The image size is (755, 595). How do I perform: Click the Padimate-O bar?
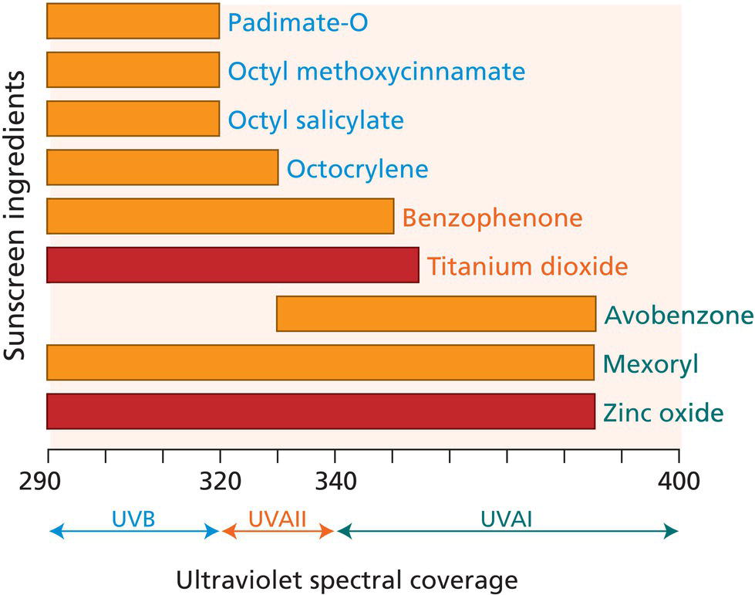[133, 22]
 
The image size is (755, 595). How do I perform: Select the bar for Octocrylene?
[162, 167]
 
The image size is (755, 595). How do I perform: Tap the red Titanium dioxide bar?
[232, 265]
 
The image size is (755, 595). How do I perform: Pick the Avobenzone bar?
[436, 313]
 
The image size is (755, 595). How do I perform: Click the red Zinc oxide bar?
[320, 411]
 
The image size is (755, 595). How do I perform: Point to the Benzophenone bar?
[220, 216]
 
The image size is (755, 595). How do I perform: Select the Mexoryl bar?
[320, 362]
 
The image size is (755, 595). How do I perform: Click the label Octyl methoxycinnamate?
[376, 72]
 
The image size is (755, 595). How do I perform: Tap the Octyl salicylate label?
[315, 120]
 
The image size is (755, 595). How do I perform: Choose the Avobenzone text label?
[678, 315]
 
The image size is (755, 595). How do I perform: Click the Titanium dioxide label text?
[527, 266]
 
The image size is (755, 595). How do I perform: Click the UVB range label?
[134, 519]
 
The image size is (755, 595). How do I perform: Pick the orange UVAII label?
[278, 519]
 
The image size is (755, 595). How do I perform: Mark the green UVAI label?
[506, 519]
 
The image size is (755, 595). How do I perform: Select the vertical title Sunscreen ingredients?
[15, 216]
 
